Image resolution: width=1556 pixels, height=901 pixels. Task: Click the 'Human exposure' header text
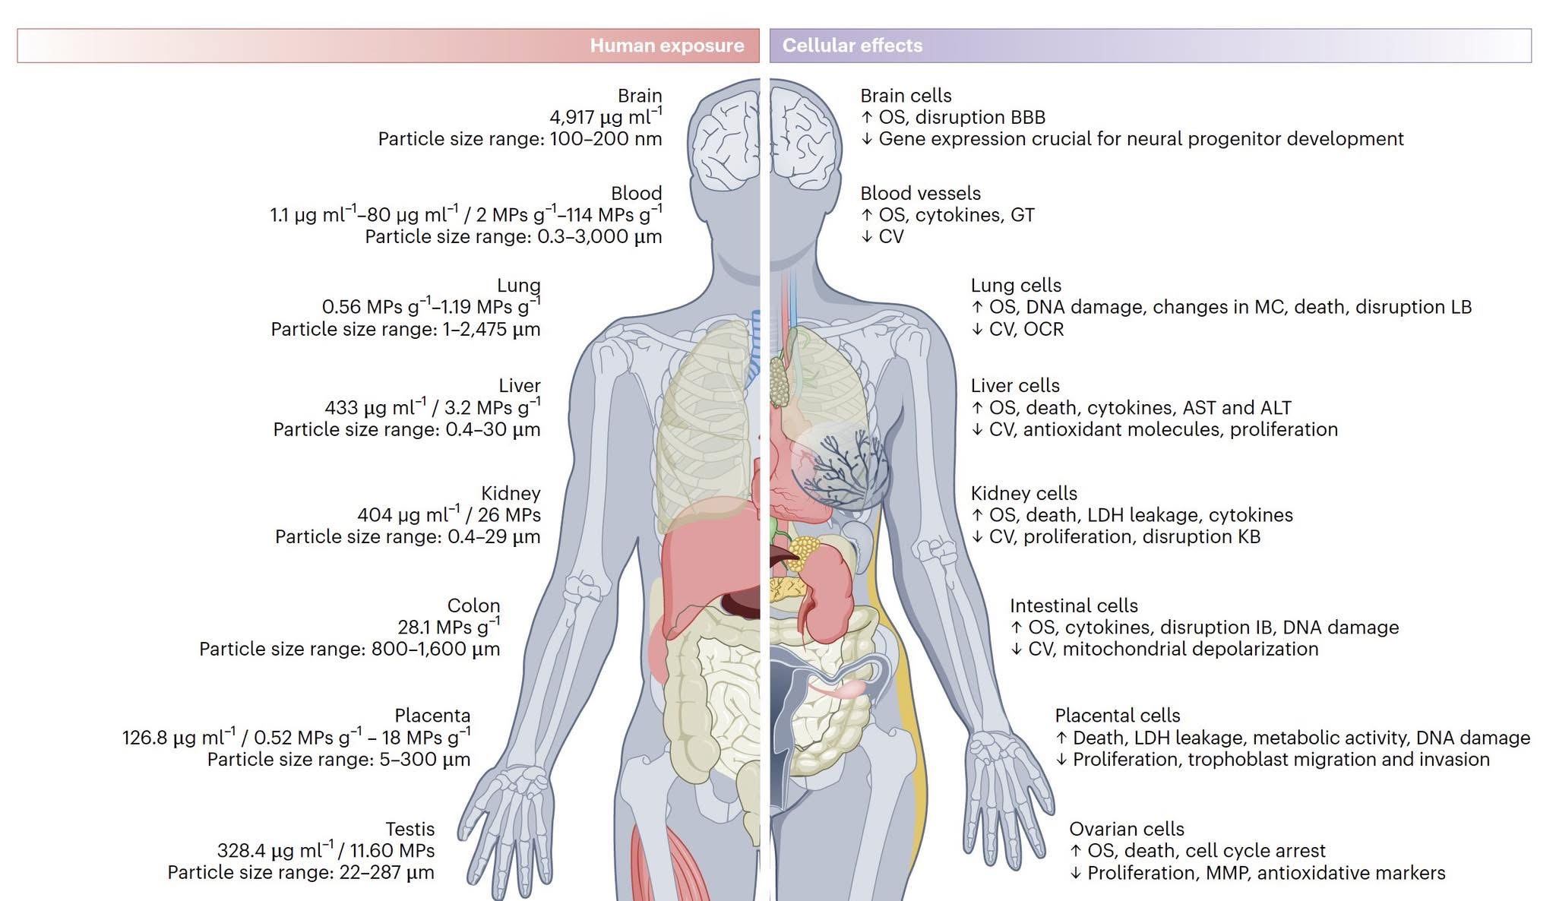[x=666, y=46]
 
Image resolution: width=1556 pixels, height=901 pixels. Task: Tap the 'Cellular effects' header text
[x=852, y=46]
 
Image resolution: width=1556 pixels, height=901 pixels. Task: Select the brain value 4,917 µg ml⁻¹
[x=606, y=117]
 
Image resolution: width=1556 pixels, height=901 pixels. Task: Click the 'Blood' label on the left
[x=636, y=193]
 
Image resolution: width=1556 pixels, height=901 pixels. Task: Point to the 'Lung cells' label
[x=1016, y=286]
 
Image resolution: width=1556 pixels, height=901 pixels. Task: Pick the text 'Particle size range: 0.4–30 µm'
[x=406, y=430]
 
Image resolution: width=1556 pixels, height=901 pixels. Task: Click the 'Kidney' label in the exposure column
[x=511, y=494]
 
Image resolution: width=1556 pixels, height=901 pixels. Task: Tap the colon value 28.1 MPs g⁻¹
[x=448, y=628]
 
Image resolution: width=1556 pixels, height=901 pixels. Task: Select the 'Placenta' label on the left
[x=432, y=716]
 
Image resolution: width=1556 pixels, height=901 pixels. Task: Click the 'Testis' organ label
[x=410, y=830]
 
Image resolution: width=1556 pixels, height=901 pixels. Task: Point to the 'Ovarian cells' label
[x=1126, y=830]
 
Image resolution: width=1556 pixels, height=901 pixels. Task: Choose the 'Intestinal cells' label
[x=1074, y=606]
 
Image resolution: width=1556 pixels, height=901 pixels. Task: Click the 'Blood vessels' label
[x=920, y=194]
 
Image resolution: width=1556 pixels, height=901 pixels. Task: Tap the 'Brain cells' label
[x=906, y=96]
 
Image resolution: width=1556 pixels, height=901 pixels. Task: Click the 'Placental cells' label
[x=1117, y=716]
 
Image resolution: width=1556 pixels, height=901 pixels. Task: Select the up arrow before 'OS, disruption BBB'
[x=867, y=118]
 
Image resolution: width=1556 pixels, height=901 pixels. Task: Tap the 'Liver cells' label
[x=1015, y=386]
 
